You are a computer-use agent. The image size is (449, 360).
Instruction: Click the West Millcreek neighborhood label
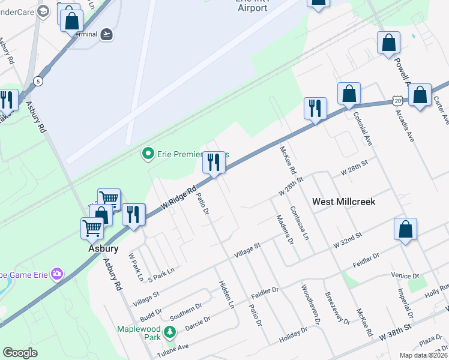344,202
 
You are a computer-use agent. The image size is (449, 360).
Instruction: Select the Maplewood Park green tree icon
170,331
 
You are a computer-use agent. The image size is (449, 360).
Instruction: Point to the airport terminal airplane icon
107,34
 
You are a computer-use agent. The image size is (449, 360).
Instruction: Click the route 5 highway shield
38,81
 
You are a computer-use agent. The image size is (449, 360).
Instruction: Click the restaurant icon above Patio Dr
214,163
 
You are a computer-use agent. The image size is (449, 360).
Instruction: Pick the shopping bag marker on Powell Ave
388,43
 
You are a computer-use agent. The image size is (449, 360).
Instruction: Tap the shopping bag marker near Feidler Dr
406,229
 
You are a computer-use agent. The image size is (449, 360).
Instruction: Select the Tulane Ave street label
173,347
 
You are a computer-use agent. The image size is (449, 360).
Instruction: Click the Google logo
20,353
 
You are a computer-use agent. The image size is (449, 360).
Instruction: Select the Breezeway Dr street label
337,308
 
